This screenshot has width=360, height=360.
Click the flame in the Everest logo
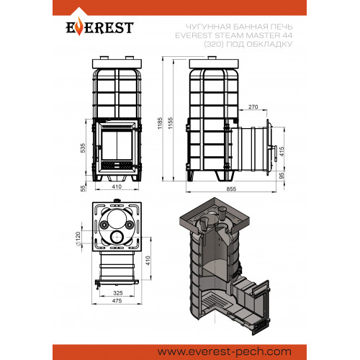[x=79, y=29]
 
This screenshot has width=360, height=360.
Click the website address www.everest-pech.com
[x=225, y=352]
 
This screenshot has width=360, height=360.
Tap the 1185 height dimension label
[x=160, y=123]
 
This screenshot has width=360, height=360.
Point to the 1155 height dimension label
[x=171, y=123]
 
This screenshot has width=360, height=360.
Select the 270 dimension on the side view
[x=253, y=107]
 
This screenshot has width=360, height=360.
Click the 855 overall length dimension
[x=231, y=189]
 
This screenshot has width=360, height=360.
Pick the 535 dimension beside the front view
[x=83, y=148]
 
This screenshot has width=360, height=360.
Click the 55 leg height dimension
[x=83, y=189]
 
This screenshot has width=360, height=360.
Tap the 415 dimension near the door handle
[x=282, y=151]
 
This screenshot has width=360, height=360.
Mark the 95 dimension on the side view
[x=282, y=176]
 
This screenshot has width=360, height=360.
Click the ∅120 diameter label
[x=78, y=239]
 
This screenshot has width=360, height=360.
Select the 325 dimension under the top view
[x=118, y=293]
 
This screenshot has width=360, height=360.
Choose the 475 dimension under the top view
[x=117, y=300]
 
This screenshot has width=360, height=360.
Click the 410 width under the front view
[x=117, y=186]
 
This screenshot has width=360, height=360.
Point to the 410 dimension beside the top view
[x=148, y=261]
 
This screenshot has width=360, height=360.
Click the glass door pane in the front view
[x=117, y=145]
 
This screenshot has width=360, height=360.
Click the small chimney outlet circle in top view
[x=117, y=237]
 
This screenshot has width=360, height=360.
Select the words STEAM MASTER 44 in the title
[x=253, y=35]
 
